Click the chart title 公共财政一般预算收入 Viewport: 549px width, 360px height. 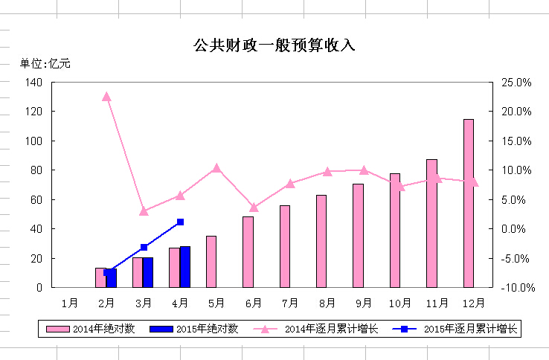pos(274,45)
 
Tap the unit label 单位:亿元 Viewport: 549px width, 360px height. pos(45,63)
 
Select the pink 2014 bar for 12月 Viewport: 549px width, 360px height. pos(469,203)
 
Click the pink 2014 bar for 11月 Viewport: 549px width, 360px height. pos(431,223)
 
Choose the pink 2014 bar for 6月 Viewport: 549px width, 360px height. pos(248,251)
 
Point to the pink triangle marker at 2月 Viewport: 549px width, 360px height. pos(106,97)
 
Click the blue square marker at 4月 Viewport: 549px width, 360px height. pos(180,222)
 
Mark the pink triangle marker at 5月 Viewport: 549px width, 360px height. pos(216,168)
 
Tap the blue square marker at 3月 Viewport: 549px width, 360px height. pos(144,247)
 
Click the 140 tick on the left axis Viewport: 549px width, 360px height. pos(33,82)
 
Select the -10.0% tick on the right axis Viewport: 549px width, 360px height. pos(514,288)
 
